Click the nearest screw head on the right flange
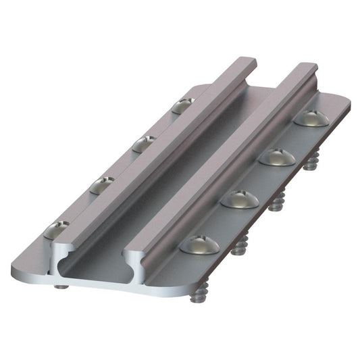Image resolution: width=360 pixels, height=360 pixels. click(x=200, y=244)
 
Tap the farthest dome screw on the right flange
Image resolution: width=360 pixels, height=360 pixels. click(x=312, y=118)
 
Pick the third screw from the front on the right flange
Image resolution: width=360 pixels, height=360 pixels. click(x=277, y=156)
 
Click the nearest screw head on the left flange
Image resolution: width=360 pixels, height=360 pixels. click(x=55, y=231)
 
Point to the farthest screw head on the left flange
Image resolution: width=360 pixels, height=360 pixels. click(x=182, y=105)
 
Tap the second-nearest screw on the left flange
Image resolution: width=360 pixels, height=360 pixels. click(x=103, y=184)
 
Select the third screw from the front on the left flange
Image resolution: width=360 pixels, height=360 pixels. click(x=144, y=143)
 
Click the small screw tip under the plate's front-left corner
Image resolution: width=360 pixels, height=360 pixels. click(x=61, y=286)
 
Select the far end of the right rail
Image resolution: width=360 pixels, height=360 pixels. click(x=307, y=66)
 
